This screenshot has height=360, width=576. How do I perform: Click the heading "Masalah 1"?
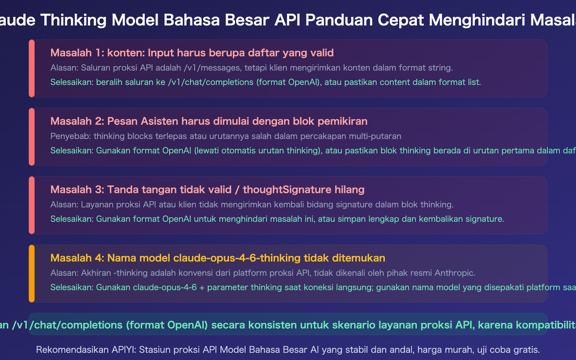tap(76, 53)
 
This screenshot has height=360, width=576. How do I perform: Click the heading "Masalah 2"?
tap(76, 121)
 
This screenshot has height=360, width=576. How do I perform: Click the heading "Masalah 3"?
tap(76, 190)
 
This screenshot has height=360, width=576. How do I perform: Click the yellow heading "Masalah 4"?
tap(76, 258)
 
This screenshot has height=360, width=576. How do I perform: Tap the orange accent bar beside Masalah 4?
tap(32, 274)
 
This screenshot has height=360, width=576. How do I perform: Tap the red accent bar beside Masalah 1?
tap(32, 68)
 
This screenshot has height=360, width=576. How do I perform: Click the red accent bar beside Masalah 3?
tap(32, 205)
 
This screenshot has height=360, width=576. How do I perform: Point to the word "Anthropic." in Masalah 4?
tap(455, 273)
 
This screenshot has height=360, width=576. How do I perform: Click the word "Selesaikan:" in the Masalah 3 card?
tap(72, 219)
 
